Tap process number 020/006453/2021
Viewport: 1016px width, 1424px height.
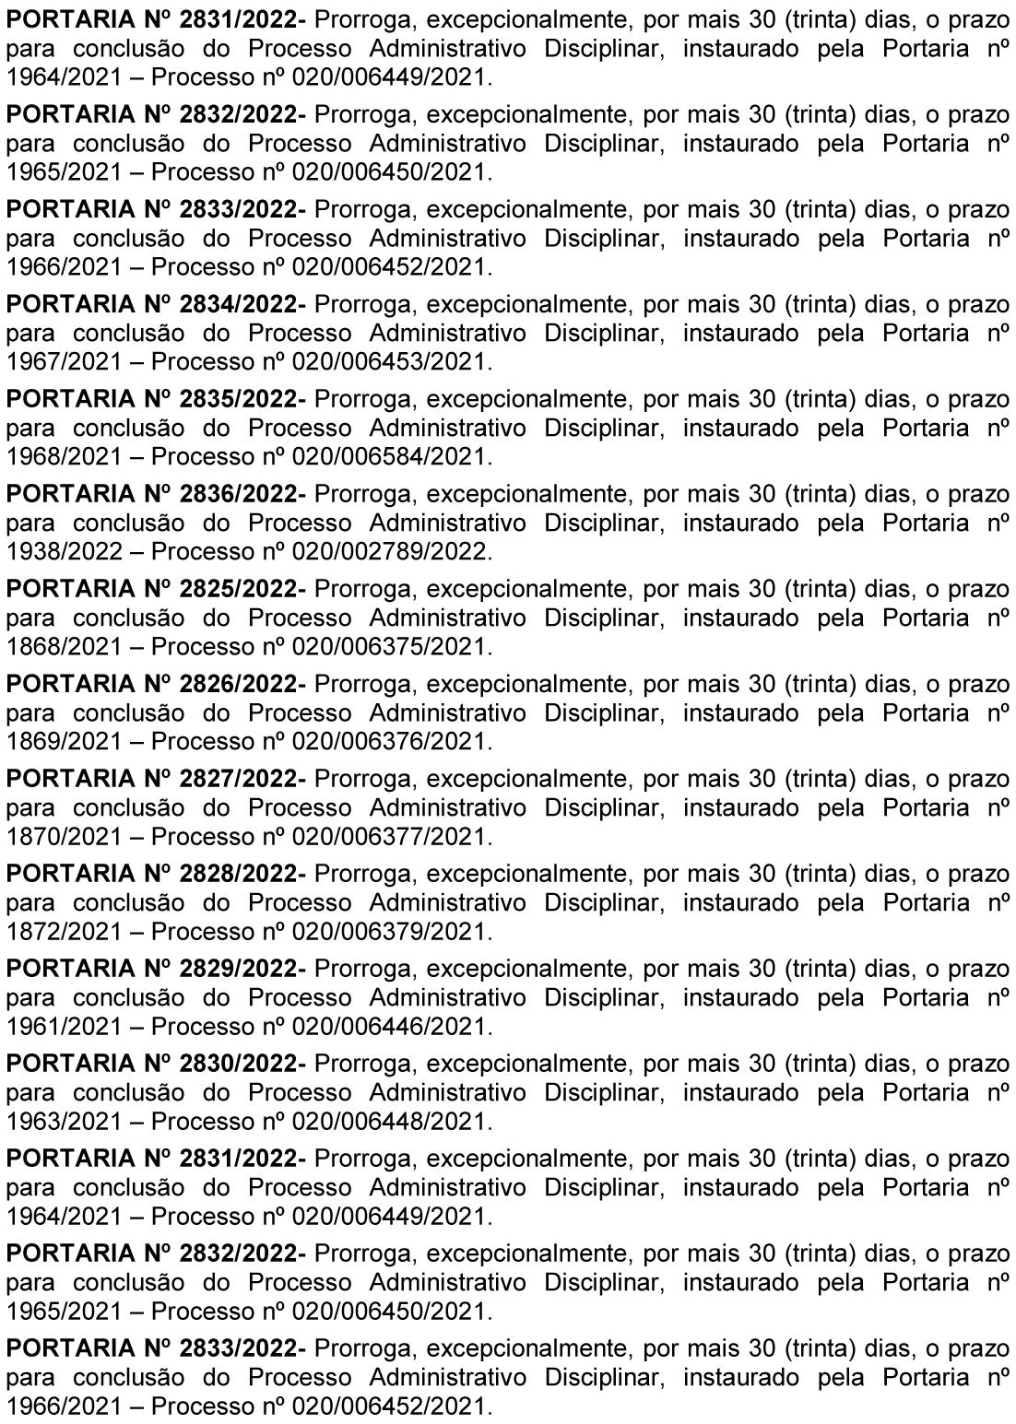coord(388,362)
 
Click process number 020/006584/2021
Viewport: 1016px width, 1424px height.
coord(388,457)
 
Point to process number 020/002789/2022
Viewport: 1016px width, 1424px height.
coord(388,552)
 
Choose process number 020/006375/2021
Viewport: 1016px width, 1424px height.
coord(388,647)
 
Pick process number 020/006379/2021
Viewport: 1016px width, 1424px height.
coord(388,932)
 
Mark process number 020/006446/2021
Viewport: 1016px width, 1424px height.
coord(388,1027)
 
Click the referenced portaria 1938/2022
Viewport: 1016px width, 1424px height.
coord(64,552)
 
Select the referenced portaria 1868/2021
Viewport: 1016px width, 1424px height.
coord(64,647)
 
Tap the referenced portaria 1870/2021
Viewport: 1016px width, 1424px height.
coord(64,837)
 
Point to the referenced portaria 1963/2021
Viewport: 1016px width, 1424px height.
coord(64,1122)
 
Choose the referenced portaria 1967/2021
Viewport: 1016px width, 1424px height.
coord(64,362)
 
